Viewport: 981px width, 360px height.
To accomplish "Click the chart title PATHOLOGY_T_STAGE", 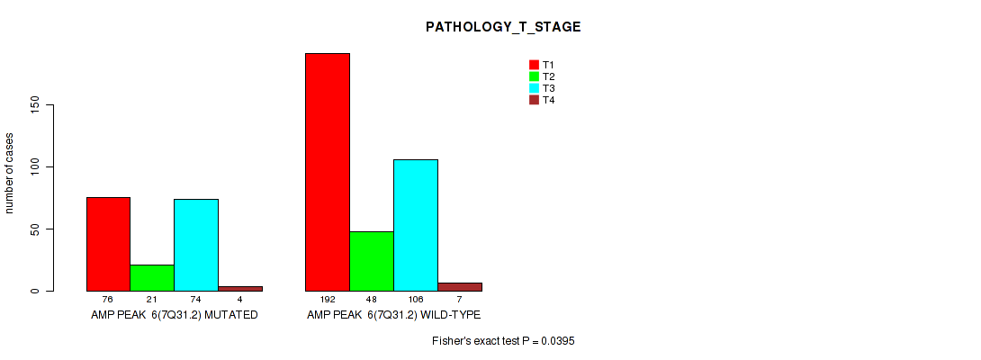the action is coord(503,27).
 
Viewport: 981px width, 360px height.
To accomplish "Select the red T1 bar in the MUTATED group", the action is coord(108,244).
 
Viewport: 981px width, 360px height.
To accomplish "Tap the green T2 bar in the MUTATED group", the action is coord(152,278).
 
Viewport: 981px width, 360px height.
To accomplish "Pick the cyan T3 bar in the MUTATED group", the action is coord(196,246).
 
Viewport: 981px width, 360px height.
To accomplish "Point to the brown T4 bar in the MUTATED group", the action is coord(240,289).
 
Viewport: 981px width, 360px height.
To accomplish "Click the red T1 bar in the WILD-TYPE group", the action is coord(328,172).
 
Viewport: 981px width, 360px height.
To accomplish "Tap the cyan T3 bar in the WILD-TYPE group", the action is coord(416,225).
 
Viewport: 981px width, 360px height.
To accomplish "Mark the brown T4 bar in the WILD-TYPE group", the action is coord(460,287).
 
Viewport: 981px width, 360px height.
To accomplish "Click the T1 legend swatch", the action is coord(535,65).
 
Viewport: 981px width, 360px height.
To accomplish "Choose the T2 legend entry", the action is coord(542,76).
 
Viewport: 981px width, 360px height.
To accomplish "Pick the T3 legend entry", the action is coord(542,88).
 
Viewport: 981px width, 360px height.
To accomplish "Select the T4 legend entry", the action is coord(542,100).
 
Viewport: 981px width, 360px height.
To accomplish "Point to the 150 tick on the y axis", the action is coord(50,104).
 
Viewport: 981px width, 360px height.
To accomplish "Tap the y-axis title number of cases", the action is coord(9,173).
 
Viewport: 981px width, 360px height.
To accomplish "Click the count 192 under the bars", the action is coord(328,301).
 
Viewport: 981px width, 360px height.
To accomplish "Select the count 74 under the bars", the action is coord(196,301).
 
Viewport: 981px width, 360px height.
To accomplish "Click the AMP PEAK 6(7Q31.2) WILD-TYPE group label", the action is coord(393,315).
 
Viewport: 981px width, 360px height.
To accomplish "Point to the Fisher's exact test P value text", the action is coord(503,341).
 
